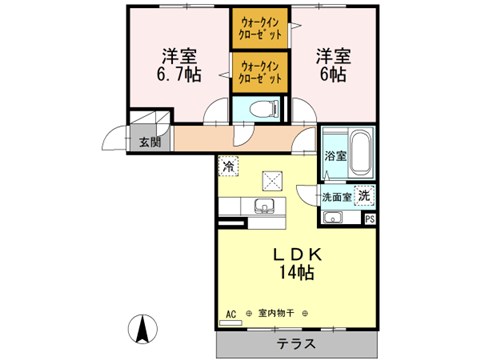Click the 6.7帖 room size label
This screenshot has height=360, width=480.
tap(177, 74)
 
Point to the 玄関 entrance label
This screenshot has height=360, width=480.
tap(149, 142)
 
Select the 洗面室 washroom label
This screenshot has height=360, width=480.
tap(336, 197)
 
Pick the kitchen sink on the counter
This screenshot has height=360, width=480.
tap(264, 207)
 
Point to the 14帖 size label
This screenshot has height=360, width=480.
tap(295, 272)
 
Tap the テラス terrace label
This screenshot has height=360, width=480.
tap(296, 343)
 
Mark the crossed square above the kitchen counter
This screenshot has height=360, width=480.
tap(273, 180)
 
